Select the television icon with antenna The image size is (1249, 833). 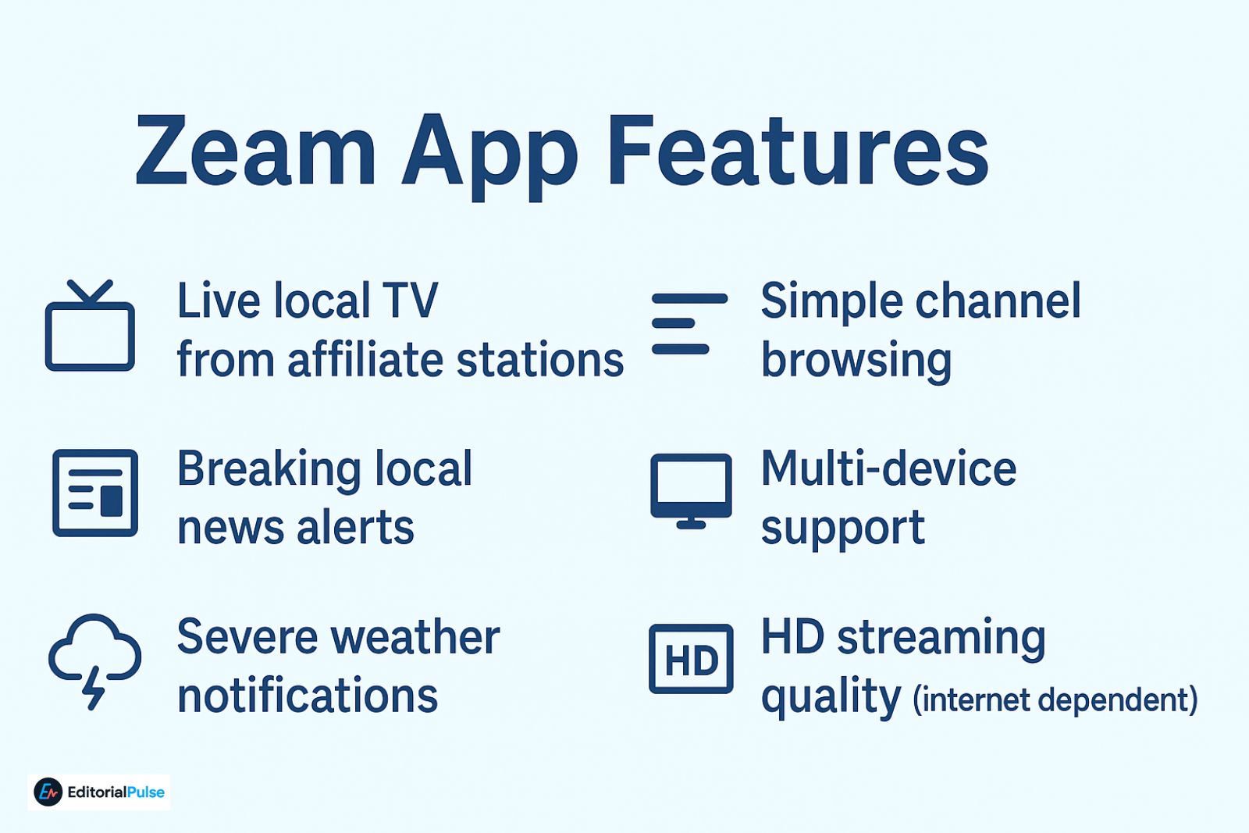coord(90,327)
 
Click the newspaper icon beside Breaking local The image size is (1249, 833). coord(95,493)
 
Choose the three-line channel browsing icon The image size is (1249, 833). coord(689,323)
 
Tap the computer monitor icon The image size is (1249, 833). coord(691,490)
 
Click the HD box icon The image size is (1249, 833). coord(691,659)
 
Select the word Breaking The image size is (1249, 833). coord(269,470)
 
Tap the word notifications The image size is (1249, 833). coord(308,696)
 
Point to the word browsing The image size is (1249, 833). coord(856,361)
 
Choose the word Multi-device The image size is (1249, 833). coord(888,469)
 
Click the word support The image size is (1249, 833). coord(843,529)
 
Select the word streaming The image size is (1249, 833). coord(941,638)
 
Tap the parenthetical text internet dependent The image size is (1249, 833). coord(1055,700)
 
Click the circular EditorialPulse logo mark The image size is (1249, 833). coord(48,792)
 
